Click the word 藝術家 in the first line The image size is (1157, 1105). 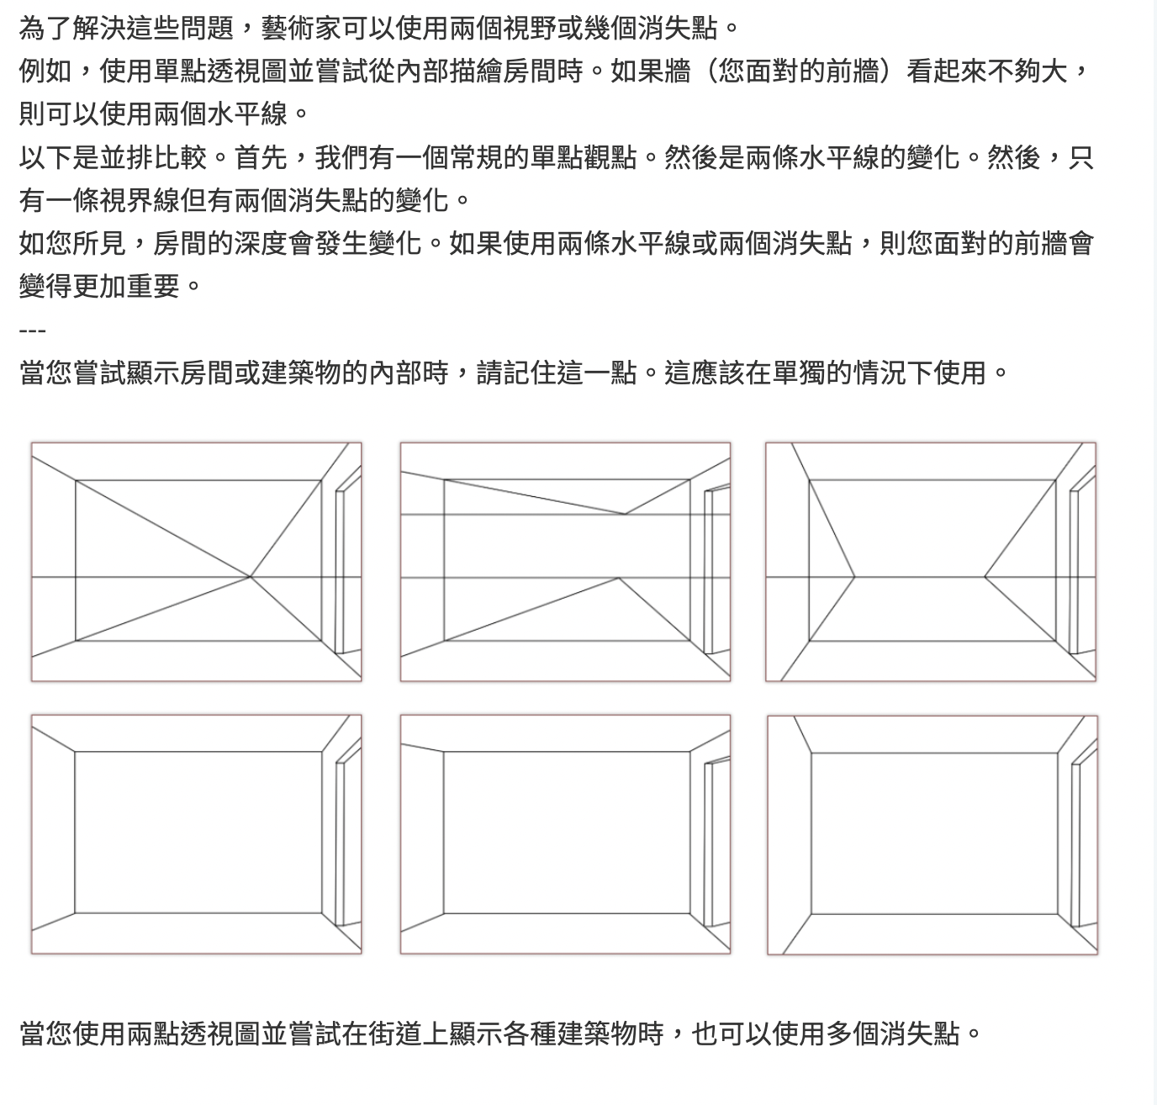tap(301, 28)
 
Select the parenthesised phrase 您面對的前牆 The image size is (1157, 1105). tap(798, 71)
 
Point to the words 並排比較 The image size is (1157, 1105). tap(153, 157)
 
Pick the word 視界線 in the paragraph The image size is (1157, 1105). tap(140, 200)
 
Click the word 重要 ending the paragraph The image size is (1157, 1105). tap(153, 287)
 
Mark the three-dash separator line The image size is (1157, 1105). tap(32, 330)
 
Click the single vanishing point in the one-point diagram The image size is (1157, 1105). tap(251, 576)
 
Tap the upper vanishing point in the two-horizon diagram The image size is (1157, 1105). tap(625, 514)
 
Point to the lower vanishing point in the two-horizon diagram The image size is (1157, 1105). tap(618, 578)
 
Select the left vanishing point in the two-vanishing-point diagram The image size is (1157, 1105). tap(854, 576)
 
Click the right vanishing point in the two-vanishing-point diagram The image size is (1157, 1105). tap(985, 576)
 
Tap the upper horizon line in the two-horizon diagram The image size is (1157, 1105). tap(565, 515)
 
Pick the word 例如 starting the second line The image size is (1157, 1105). tap(45, 71)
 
